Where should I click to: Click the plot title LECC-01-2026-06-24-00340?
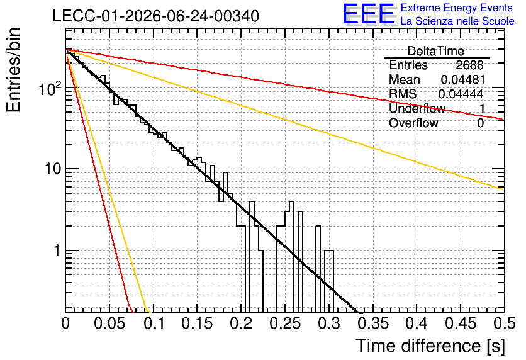pyautogui.click(x=156, y=16)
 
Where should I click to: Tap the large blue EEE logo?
pyautogui.click(x=368, y=14)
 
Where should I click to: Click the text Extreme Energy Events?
pyautogui.click(x=457, y=8)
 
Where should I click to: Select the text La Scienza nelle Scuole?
pyautogui.click(x=457, y=21)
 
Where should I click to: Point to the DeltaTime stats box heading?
pyautogui.click(x=436, y=51)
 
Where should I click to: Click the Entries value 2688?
pyautogui.click(x=469, y=65)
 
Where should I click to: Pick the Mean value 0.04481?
pyautogui.click(x=462, y=79)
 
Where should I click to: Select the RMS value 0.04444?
pyautogui.click(x=461, y=94)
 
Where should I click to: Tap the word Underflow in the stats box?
pyautogui.click(x=417, y=108)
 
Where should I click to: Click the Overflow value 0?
pyautogui.click(x=480, y=123)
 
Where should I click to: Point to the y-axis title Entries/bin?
pyautogui.click(x=13, y=70)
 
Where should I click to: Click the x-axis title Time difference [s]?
pyautogui.click(x=430, y=346)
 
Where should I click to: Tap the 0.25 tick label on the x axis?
pyautogui.click(x=285, y=323)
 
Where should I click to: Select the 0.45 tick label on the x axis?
pyautogui.click(x=461, y=323)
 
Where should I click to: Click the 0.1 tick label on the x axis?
pyautogui.click(x=154, y=323)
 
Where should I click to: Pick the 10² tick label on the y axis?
pyautogui.click(x=50, y=89)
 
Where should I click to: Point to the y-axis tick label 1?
pyautogui.click(x=57, y=250)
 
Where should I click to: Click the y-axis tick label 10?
pyautogui.click(x=53, y=169)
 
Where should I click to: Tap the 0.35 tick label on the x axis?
pyautogui.click(x=373, y=323)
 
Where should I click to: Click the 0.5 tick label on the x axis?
pyautogui.click(x=504, y=323)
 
